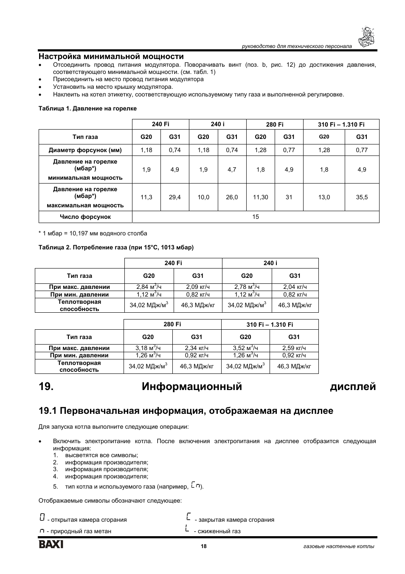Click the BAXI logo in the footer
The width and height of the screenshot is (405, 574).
[x=51, y=545]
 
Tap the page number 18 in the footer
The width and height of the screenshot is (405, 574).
[x=204, y=546]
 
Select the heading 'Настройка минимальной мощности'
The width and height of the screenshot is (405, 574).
[x=111, y=56]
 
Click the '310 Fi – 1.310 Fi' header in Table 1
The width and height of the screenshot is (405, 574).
[x=341, y=124]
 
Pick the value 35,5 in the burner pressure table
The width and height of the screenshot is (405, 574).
[x=362, y=197]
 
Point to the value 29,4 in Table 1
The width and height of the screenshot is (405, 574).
[x=174, y=197]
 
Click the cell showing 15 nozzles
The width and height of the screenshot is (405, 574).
[x=256, y=217]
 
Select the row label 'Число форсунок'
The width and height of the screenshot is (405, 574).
[x=85, y=217]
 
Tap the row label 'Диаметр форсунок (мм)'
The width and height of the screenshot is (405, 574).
[x=85, y=150]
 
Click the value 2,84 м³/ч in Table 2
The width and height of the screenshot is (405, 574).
[x=149, y=287]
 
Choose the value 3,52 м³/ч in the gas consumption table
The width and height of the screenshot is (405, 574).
[x=245, y=348]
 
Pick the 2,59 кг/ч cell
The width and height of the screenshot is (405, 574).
[x=294, y=348]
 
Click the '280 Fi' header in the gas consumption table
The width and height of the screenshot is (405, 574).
[x=172, y=324]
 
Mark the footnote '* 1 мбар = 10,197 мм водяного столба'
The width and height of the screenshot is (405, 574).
[x=93, y=233]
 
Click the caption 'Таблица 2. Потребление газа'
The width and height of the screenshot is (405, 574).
[x=116, y=247]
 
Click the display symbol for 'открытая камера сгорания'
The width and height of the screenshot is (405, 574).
[x=42, y=517]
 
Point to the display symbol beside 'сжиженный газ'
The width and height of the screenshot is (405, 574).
[x=187, y=529]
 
